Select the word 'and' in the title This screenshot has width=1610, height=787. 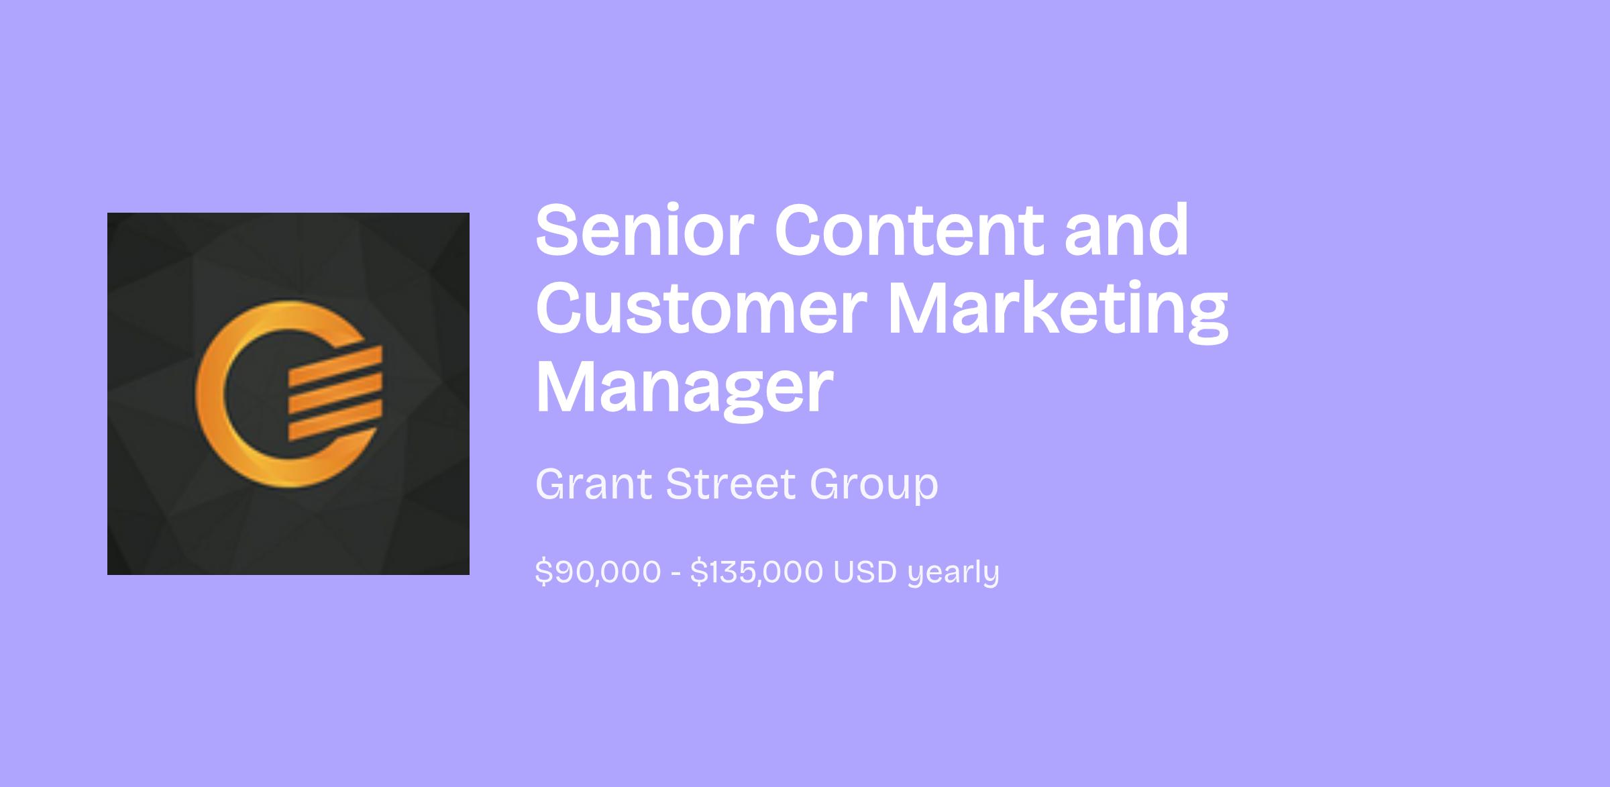coord(1127,229)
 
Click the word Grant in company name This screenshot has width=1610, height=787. coord(594,484)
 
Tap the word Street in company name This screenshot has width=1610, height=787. coord(731,484)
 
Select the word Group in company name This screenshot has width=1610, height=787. coord(874,486)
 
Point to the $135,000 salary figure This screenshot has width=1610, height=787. coord(757,572)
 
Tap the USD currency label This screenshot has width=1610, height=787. coord(865,572)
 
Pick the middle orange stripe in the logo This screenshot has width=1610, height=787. coord(335,394)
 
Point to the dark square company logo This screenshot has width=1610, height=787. coord(288,394)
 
